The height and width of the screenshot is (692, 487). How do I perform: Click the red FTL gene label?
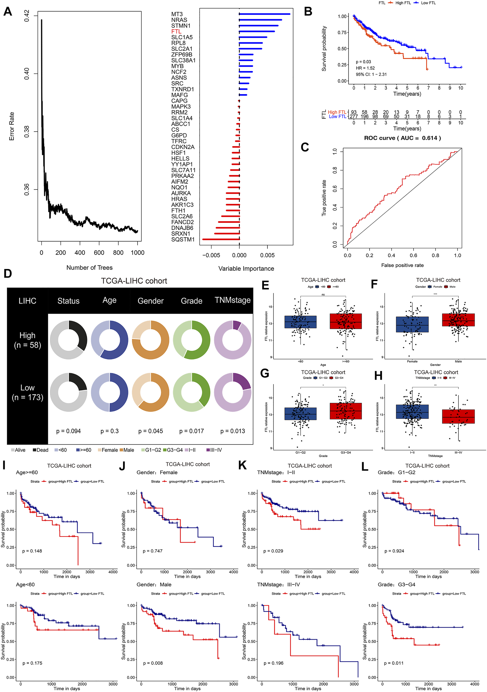[176, 32]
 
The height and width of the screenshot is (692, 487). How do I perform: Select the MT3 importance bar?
[264, 14]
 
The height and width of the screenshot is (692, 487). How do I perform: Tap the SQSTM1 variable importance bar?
[221, 239]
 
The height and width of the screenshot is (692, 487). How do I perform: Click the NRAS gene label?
[179, 20]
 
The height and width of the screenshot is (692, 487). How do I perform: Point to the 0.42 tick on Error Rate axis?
[27, 16]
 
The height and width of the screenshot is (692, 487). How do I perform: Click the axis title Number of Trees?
[89, 268]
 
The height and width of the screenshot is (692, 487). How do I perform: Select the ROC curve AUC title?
[402, 138]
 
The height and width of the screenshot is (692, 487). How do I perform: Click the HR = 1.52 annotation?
[365, 68]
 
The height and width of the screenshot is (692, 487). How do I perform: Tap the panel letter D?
[8, 274]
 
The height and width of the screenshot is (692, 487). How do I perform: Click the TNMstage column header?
[233, 300]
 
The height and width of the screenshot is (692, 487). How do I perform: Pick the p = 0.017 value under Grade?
[192, 431]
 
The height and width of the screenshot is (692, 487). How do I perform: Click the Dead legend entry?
[41, 450]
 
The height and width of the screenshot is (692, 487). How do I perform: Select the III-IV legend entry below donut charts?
[214, 450]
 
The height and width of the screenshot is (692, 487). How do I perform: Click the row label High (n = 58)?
[27, 340]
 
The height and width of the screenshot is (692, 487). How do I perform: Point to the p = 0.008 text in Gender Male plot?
[153, 663]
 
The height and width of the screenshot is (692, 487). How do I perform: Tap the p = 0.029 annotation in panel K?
[273, 551]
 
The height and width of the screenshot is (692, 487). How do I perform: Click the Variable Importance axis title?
[246, 268]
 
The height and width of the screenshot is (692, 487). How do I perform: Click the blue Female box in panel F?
[412, 324]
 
